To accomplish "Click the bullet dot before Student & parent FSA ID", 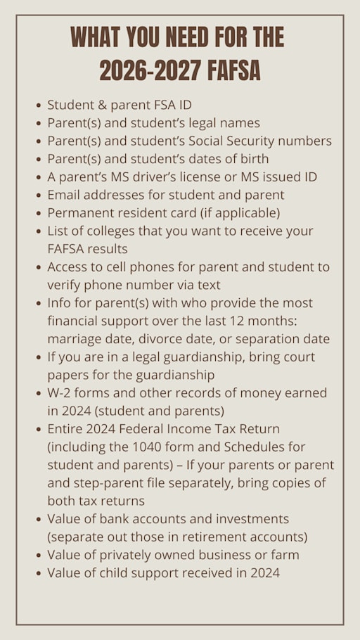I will (37, 105).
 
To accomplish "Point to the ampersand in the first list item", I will (99, 105).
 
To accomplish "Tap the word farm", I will (284, 554).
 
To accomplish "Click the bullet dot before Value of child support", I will (37, 573).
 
